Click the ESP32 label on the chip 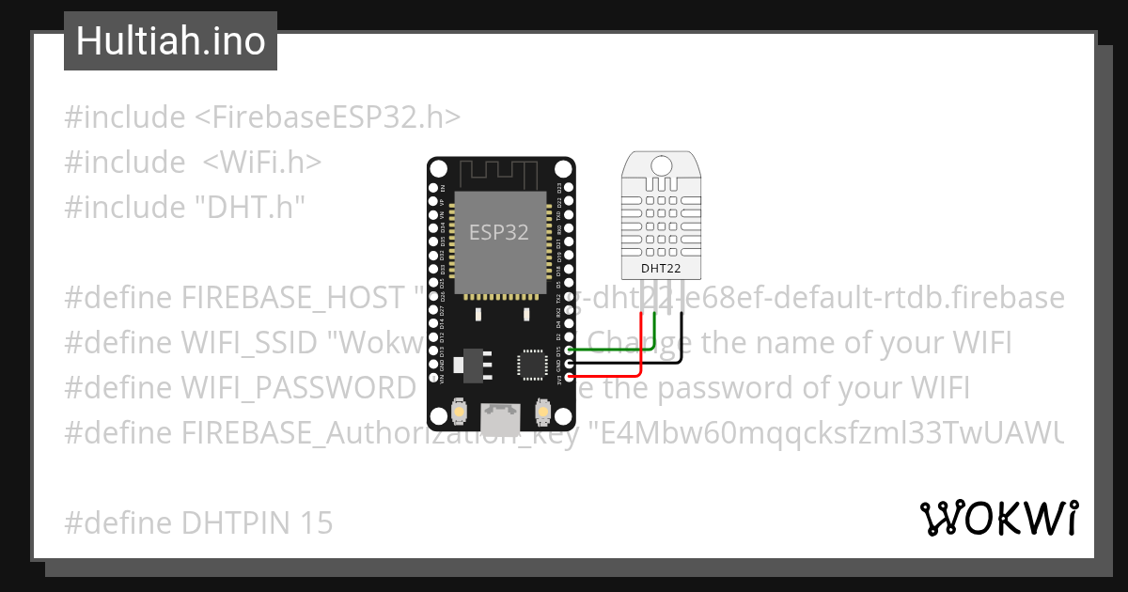click(499, 232)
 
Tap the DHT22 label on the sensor click(661, 268)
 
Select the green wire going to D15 click(611, 350)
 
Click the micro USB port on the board click(499, 415)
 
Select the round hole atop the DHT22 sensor click(662, 166)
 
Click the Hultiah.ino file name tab click(170, 41)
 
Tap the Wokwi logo click(998, 518)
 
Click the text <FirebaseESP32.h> click(328, 117)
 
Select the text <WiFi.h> click(262, 163)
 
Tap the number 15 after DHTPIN click(318, 523)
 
